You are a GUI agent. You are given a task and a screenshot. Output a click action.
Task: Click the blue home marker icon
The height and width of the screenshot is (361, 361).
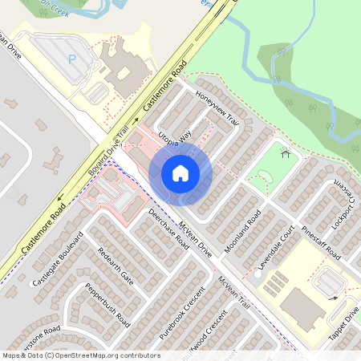tap(180, 172)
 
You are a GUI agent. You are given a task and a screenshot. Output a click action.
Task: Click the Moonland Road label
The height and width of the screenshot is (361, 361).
tap(243, 231)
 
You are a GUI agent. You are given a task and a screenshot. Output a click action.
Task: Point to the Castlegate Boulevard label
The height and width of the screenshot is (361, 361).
tap(58, 262)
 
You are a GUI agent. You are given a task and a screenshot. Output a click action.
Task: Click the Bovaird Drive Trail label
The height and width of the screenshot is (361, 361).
tap(107, 154)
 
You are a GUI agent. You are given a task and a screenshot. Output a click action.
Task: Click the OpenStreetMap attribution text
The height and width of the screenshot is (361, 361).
tap(80, 355)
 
